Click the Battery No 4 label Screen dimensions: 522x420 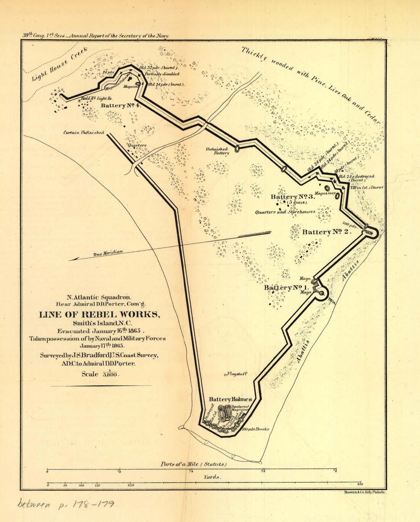[x=121, y=105]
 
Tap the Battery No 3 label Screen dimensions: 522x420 [x=292, y=196]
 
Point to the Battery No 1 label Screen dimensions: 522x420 [x=286, y=287]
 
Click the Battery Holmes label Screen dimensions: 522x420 [x=230, y=399]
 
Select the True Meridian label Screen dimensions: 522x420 [x=108, y=252]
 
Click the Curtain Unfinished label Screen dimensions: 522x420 [x=84, y=133]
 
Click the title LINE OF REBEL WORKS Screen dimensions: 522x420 [x=99, y=314]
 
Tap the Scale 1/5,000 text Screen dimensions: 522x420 [x=100, y=374]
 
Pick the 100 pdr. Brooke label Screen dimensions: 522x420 [x=255, y=429]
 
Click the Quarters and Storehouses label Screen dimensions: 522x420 [x=285, y=212]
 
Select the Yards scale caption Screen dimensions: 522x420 [x=213, y=477]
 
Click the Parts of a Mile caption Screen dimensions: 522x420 [x=194, y=464]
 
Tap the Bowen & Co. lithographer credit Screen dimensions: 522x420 [x=362, y=493]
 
